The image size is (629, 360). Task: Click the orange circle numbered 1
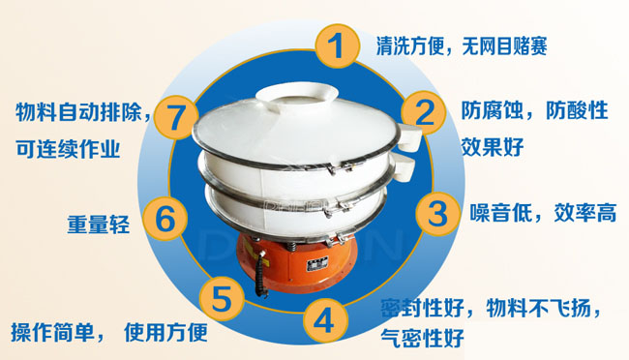pos(336,47)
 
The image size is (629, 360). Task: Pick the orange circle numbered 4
pos(326,320)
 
